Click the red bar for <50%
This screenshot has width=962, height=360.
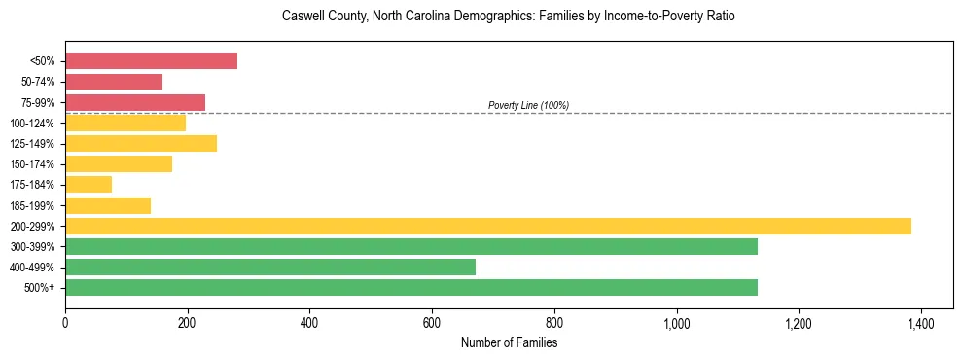[151, 61]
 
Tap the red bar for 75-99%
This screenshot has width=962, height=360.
[135, 102]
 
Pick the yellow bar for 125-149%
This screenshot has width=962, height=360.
[141, 144]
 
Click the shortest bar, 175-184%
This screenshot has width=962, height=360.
[89, 185]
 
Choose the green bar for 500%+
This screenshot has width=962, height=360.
[411, 288]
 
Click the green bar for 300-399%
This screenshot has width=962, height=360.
[411, 247]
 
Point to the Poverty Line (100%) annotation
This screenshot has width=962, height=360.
[528, 105]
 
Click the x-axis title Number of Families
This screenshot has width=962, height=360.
[509, 342]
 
